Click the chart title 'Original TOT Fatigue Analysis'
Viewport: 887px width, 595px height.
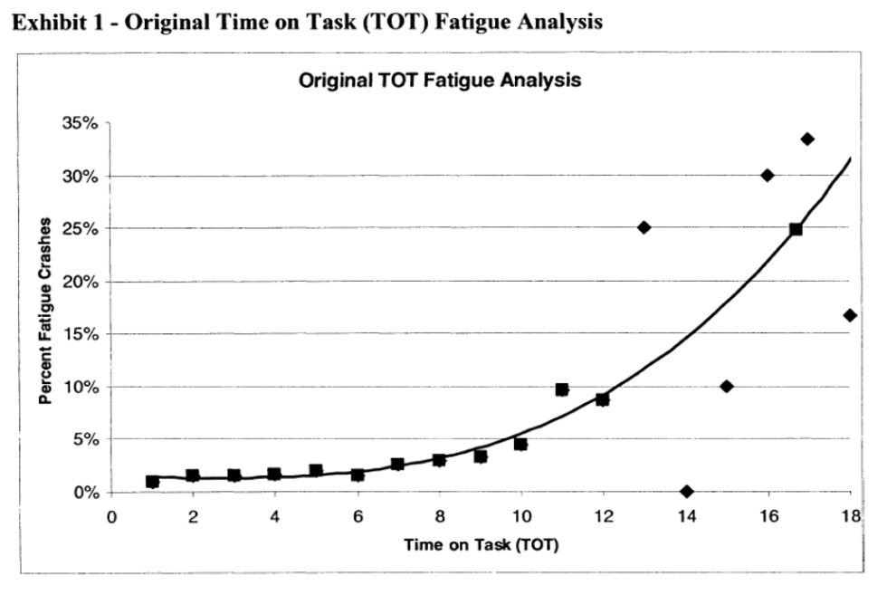pyautogui.click(x=439, y=81)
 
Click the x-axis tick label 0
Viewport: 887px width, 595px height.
pyautogui.click(x=111, y=517)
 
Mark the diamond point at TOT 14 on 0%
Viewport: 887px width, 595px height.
pyautogui.click(x=686, y=492)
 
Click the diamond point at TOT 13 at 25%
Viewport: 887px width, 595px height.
pyautogui.click(x=644, y=227)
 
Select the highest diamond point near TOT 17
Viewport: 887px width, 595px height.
pyautogui.click(x=807, y=139)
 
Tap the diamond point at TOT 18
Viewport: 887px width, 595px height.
pyautogui.click(x=849, y=315)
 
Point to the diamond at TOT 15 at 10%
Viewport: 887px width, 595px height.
pyautogui.click(x=726, y=387)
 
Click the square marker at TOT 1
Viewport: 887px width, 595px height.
pyautogui.click(x=152, y=482)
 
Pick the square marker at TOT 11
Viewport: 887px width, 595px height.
pyautogui.click(x=561, y=389)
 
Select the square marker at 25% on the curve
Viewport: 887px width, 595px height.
pyautogui.click(x=796, y=229)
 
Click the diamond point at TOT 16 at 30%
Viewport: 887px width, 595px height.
pyautogui.click(x=767, y=175)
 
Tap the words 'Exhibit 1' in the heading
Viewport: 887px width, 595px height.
pyautogui.click(x=45, y=22)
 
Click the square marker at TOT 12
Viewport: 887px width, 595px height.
pyautogui.click(x=603, y=399)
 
